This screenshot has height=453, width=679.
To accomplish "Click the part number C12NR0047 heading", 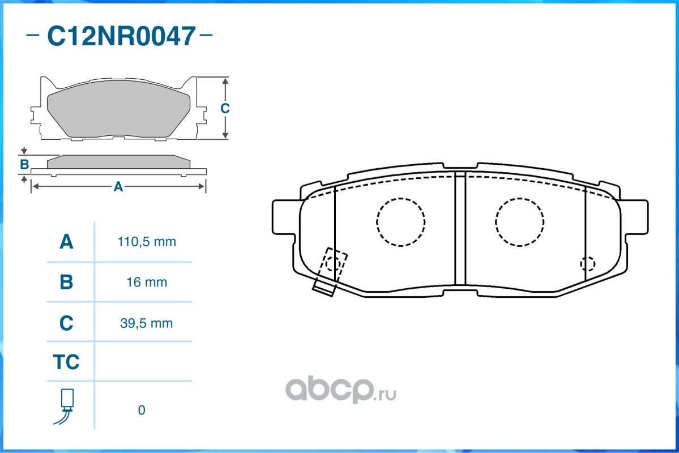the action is (121, 36).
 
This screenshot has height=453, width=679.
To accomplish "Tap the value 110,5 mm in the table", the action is (147, 242).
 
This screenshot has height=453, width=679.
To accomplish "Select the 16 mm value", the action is (147, 283).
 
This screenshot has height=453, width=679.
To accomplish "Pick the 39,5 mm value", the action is (146, 323).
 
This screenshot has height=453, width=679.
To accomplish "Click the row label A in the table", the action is (66, 242).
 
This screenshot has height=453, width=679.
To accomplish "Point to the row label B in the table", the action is (66, 282).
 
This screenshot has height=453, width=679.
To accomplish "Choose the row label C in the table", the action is (66, 323).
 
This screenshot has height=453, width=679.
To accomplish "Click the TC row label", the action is (66, 362).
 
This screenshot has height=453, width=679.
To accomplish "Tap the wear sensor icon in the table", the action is (65, 407).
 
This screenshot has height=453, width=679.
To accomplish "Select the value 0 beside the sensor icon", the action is (142, 410).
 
